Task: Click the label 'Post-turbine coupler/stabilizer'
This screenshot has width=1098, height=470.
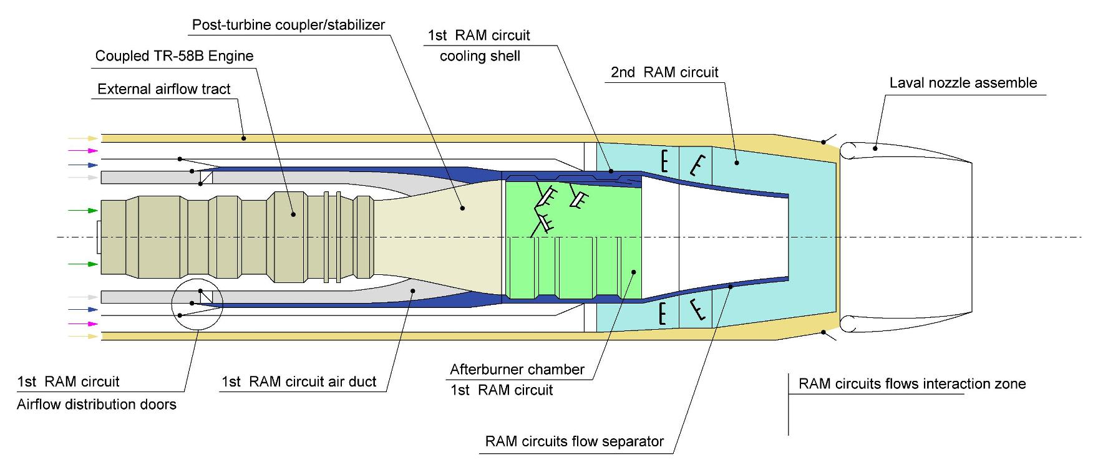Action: [288, 26]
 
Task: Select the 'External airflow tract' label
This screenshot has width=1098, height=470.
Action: [164, 89]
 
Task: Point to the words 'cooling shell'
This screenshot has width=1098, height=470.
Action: [480, 56]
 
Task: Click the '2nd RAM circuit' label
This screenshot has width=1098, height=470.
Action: [664, 72]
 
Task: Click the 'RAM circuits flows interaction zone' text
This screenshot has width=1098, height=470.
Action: [912, 384]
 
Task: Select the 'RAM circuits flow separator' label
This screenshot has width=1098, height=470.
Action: [575, 442]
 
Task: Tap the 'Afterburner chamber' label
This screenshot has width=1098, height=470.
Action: [517, 369]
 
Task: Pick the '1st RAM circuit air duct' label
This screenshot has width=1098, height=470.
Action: [299, 381]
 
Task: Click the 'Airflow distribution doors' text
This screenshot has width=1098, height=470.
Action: [97, 405]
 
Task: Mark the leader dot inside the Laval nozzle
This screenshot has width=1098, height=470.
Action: [875, 148]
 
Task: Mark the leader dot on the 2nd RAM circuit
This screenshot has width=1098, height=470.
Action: [737, 163]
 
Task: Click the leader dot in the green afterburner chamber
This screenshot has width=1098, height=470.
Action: [633, 271]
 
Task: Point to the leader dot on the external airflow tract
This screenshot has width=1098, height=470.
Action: [244, 138]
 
